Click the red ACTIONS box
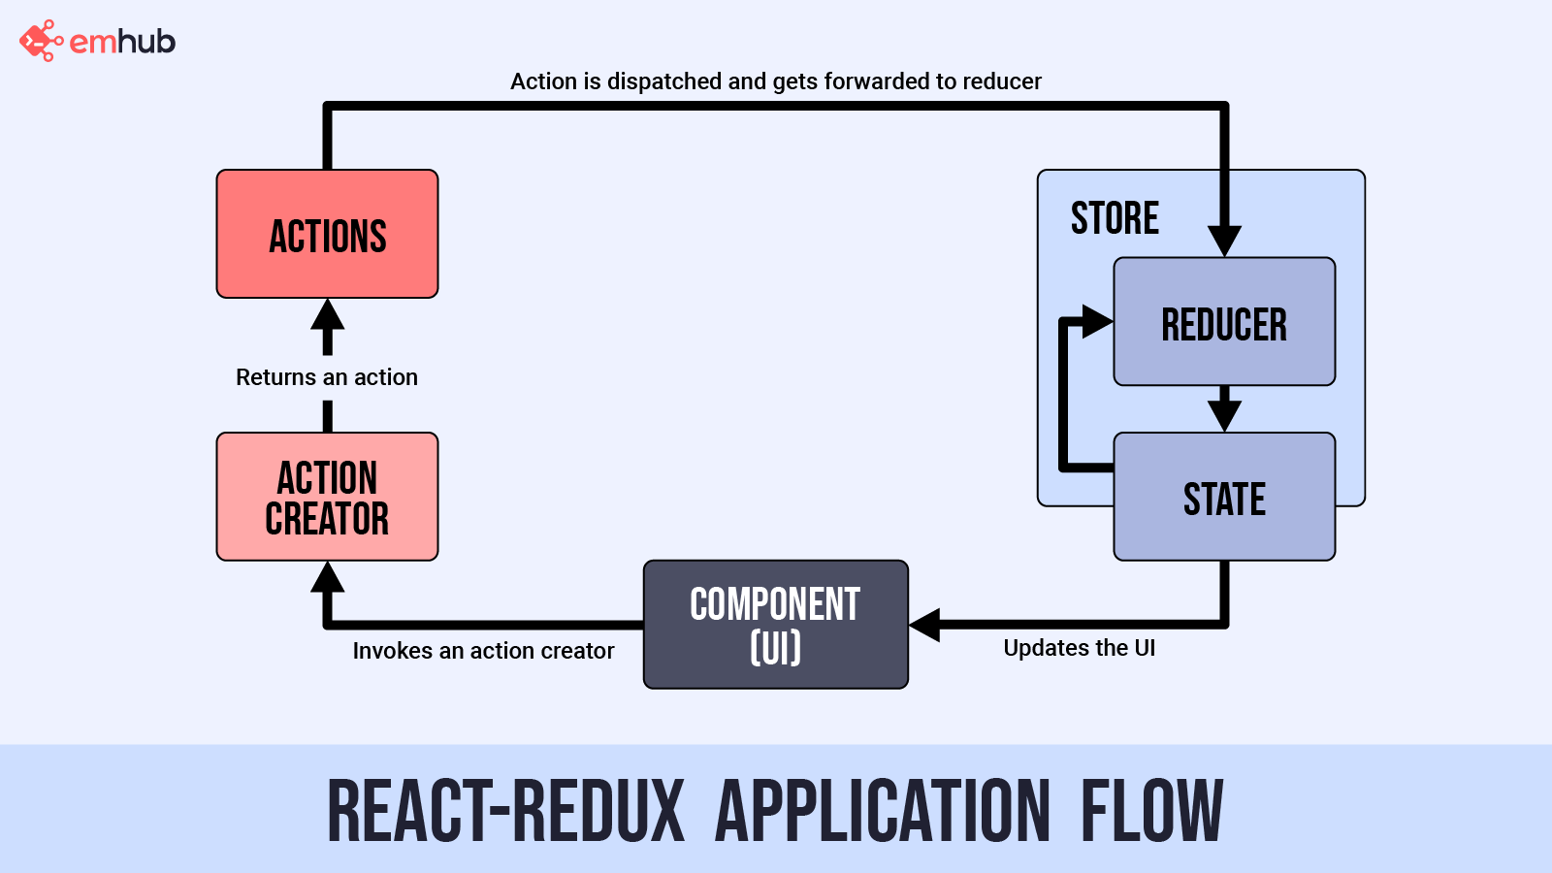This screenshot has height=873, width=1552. coord(327,234)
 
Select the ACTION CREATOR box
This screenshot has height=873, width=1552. coord(327,497)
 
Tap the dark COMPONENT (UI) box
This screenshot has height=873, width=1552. coord(775,625)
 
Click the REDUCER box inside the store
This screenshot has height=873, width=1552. coord(1224,322)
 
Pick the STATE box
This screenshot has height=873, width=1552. coord(1224,498)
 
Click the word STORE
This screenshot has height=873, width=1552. coord(1115,218)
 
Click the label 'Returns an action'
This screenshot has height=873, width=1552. coord(327,377)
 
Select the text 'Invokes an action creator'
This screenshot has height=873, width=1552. coord(483,651)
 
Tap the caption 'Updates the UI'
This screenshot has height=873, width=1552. coord(1079,648)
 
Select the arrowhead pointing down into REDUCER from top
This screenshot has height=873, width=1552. coord(1224,240)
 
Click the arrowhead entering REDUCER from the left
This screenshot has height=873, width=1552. coord(1097,321)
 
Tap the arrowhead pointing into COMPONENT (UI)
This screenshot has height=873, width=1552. coord(925,625)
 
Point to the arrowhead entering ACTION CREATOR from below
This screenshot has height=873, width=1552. coord(328,578)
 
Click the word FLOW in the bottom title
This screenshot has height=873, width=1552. coord(1151,811)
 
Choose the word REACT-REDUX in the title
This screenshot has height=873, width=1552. coord(505,811)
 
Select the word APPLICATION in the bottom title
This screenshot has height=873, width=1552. coord(882,811)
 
